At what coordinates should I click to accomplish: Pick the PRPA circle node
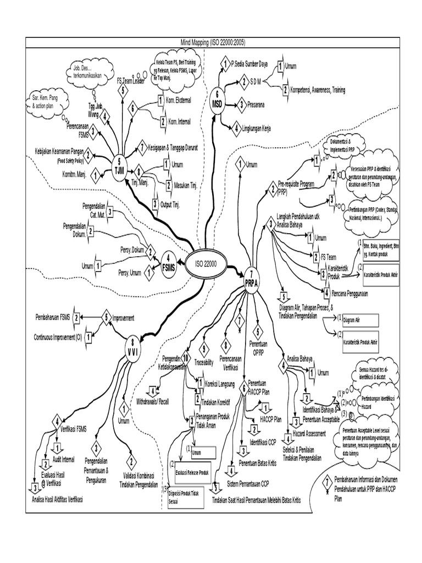(251, 278)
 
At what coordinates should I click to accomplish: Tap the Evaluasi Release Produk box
(193, 471)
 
